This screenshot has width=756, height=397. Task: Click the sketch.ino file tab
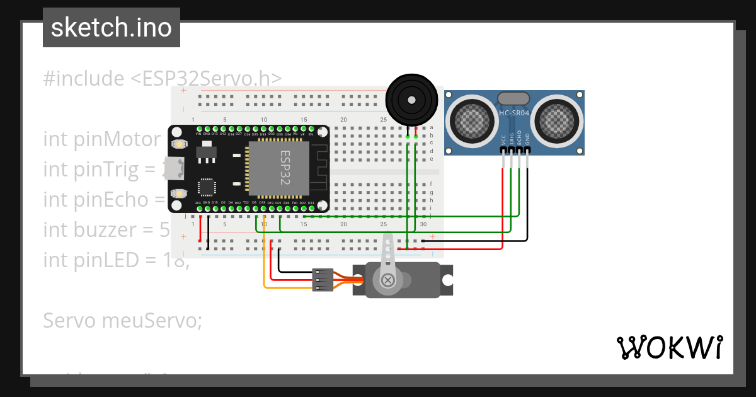click(x=111, y=28)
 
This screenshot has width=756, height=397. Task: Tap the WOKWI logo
click(x=668, y=347)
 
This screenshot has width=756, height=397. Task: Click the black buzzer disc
click(x=411, y=100)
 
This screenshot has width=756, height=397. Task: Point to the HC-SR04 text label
click(x=514, y=113)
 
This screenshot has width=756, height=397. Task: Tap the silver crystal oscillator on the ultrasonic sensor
click(x=514, y=98)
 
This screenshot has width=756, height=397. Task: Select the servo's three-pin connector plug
click(x=322, y=280)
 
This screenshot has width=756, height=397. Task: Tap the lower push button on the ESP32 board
click(x=179, y=193)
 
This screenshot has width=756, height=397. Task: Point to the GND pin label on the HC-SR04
click(x=527, y=139)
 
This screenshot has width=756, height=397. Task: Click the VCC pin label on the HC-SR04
click(x=503, y=139)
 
